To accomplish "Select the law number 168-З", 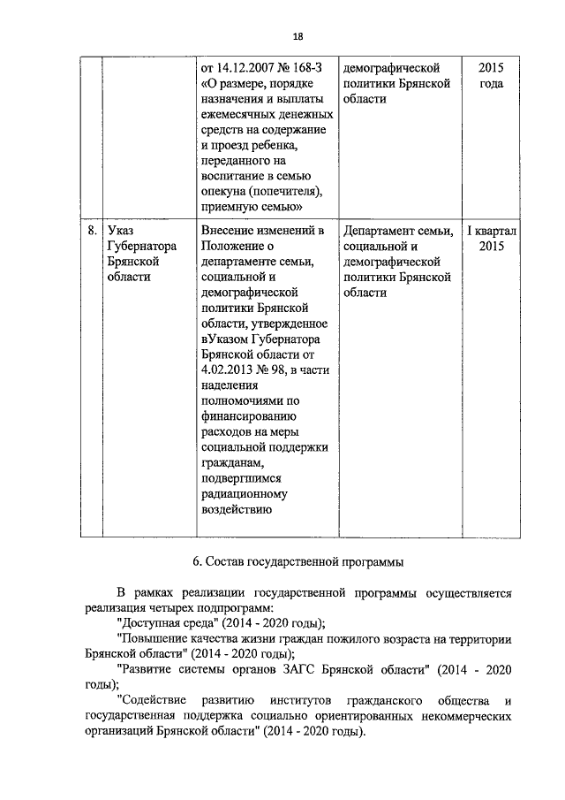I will pyautogui.click(x=309, y=67).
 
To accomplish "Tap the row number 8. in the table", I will pyautogui.click(x=92, y=231).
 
